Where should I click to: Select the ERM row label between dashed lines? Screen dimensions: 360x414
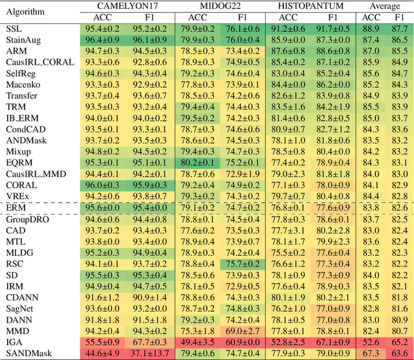tap(16, 206)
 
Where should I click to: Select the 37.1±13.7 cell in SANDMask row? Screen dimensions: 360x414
tap(147, 354)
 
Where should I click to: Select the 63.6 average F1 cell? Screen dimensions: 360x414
tap(400, 354)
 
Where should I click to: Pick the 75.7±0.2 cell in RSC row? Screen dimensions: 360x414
tap(242, 264)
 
